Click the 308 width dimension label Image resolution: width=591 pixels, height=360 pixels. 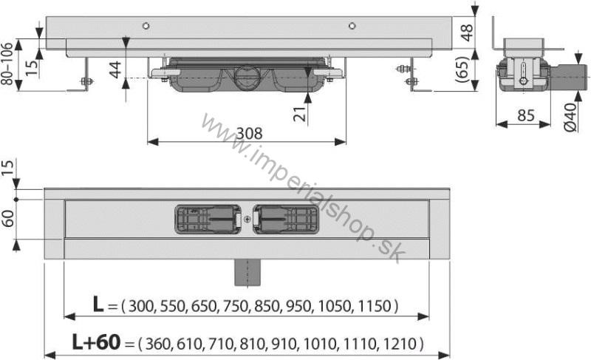coord(249,134)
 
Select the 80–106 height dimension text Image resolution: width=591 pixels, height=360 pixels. coord(7,64)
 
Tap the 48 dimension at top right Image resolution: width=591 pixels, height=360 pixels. coord(467,33)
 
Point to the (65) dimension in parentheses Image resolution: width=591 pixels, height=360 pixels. coord(463,69)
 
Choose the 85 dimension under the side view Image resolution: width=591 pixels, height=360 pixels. coord(526,115)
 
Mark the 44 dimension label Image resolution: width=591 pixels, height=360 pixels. coord(115,69)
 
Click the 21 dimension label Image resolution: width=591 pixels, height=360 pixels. coord(300,115)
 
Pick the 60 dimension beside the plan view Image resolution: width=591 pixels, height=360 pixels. coord(8,219)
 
